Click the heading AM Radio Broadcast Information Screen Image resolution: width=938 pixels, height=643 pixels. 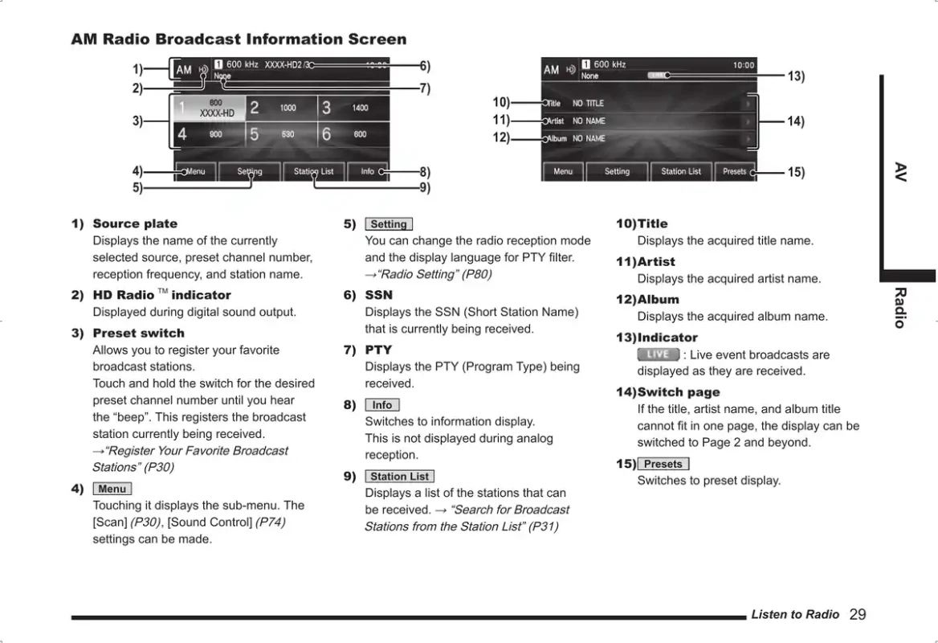(x=239, y=39)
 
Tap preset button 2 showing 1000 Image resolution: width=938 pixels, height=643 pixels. (x=281, y=108)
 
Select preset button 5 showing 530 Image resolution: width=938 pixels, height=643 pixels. (x=281, y=134)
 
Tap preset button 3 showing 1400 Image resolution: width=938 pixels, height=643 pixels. (x=353, y=108)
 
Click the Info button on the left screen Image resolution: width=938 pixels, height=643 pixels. (x=368, y=171)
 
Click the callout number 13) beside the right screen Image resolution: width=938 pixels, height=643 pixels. (x=795, y=76)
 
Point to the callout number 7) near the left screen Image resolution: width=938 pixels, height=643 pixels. (x=425, y=88)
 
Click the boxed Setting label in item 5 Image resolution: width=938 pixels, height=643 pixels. (x=389, y=224)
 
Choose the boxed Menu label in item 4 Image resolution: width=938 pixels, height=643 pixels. (x=112, y=489)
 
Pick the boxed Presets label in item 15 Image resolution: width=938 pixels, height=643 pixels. (x=663, y=464)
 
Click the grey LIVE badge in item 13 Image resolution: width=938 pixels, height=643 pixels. (x=658, y=354)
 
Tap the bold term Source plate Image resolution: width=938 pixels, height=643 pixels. (x=135, y=223)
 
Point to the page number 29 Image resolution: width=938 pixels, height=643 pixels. (x=858, y=615)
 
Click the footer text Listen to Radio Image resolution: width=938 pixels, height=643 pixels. (x=795, y=615)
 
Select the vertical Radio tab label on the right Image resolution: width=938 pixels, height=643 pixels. (x=900, y=308)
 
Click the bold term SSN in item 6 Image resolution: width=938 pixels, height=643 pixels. (x=378, y=295)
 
